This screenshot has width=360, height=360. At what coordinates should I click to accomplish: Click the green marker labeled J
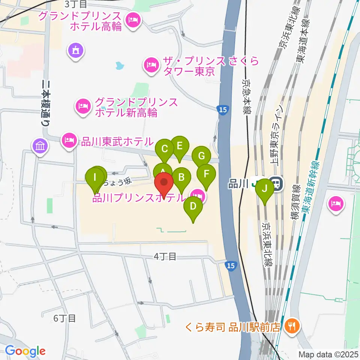coord(265,189)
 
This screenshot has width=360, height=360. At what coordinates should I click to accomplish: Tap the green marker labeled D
coord(193,206)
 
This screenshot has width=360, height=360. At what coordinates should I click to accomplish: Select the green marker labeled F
coord(206,174)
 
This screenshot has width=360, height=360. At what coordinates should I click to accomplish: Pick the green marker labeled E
coord(179,145)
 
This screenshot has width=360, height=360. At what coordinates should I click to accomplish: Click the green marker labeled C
coord(164,149)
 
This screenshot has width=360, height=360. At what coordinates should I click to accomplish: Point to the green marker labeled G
coord(201,156)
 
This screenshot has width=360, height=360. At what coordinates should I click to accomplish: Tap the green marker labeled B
coord(181,177)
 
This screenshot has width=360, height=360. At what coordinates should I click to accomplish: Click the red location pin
coord(164,183)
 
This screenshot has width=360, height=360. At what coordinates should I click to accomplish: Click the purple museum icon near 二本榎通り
coord(40,145)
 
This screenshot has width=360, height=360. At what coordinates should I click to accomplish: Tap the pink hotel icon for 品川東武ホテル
coord(69,141)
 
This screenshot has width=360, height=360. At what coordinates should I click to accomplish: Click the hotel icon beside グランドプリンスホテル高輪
coord(132,19)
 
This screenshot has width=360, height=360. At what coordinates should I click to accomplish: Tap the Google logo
coord(25,351)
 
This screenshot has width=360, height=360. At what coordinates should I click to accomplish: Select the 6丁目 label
coord(64,318)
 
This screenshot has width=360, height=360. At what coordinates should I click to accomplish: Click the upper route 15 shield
coord(222,109)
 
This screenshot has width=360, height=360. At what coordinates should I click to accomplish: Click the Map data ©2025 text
coord(328,354)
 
